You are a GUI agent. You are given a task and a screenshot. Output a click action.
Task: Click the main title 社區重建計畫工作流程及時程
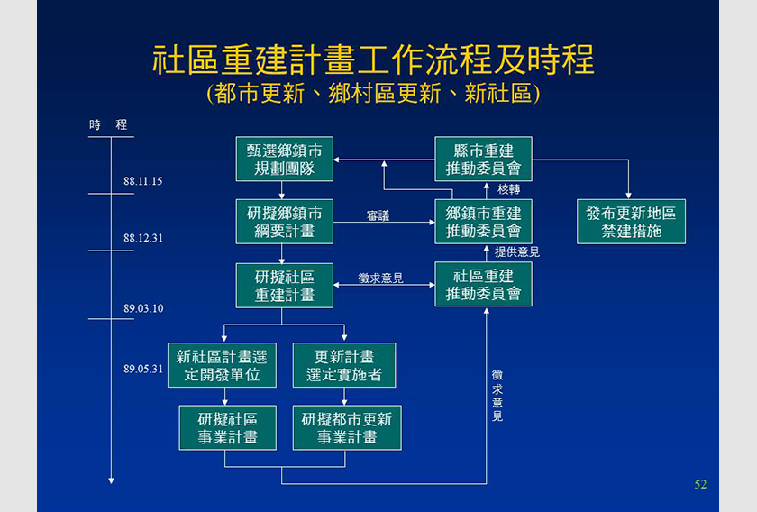coord(373,59)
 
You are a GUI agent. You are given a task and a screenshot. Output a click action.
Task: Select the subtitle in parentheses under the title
coord(373,93)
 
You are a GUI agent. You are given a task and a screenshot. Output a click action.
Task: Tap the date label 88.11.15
coord(143,181)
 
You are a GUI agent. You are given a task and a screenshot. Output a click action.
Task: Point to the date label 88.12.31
coord(143,238)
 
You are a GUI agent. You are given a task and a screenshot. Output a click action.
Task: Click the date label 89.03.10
coord(143,308)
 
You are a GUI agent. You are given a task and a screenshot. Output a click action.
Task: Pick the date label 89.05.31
coord(143,369)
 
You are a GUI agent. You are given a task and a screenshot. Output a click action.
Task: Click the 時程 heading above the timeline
coord(108,124)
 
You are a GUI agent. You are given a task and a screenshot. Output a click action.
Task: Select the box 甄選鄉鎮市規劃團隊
coord(285,159)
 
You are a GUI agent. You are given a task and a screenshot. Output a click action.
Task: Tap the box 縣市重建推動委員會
coord(483,159)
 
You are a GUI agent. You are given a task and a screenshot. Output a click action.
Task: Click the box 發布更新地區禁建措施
coord(631,222)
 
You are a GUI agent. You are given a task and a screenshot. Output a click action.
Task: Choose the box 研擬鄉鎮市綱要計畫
coord(285,222)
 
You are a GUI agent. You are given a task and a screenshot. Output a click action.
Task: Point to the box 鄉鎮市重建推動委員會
coord(483,222)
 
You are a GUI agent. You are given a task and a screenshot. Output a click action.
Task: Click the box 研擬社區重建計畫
coord(285,286)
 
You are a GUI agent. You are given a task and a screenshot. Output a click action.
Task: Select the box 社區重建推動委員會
coord(483,285)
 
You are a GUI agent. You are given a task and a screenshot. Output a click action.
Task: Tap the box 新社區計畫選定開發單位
coord(222,365)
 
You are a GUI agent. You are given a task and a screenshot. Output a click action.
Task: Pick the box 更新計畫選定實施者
coord(344,365)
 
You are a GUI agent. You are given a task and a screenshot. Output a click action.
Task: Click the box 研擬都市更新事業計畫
coord(347,428)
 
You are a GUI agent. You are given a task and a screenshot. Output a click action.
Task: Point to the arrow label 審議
coord(378,216)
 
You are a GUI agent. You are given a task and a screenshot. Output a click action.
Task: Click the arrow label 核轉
coord(509,189)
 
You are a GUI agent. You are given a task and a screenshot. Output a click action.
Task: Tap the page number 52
coord(700,484)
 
